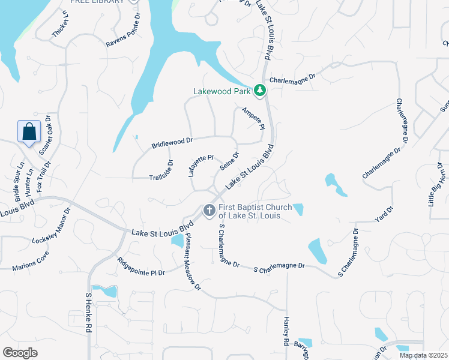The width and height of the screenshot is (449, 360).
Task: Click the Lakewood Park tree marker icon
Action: [x=259, y=91]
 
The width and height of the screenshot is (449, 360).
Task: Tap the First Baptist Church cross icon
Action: [x=209, y=210]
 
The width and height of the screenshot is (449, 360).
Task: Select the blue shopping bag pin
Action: [x=29, y=132]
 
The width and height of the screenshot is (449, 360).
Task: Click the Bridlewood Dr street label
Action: [x=172, y=143]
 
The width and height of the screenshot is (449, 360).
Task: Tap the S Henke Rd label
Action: [x=88, y=313]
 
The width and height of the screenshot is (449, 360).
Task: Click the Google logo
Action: [x=20, y=353]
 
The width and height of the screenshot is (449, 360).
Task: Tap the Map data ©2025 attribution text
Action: [x=423, y=355]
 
